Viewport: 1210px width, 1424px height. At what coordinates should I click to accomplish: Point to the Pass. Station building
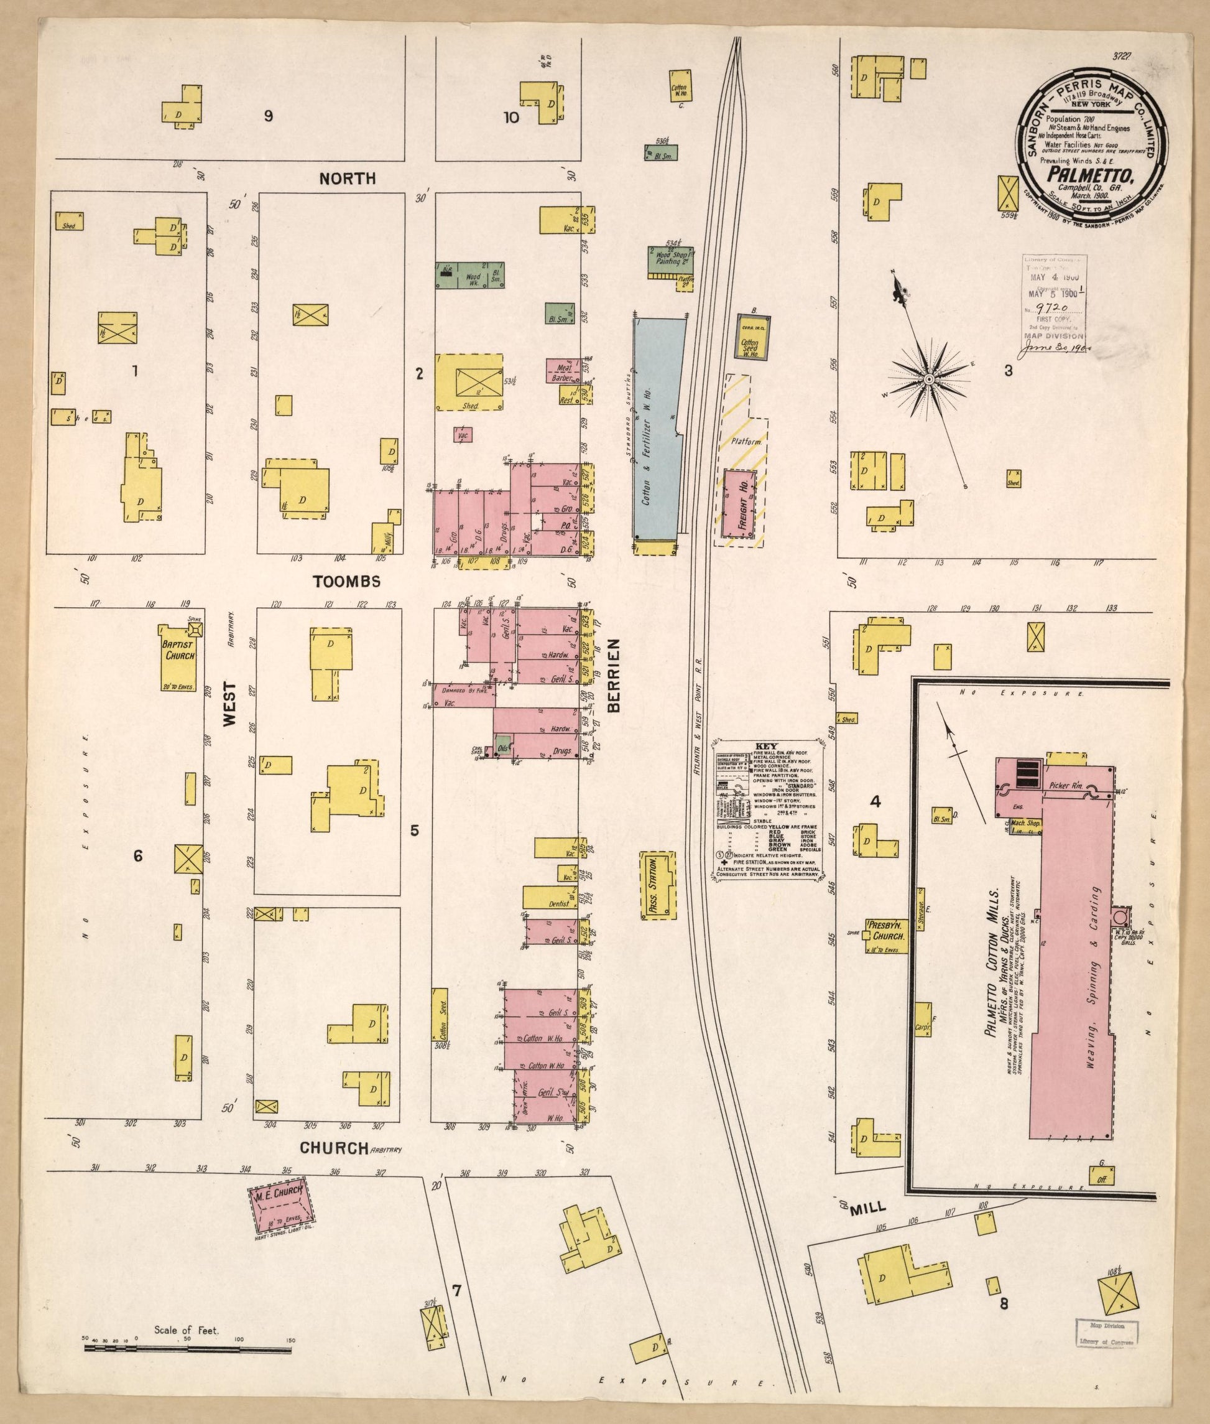pyautogui.click(x=658, y=886)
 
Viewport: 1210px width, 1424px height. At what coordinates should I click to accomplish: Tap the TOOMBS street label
pyautogui.click(x=346, y=582)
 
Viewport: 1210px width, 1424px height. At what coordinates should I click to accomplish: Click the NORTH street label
pyautogui.click(x=347, y=179)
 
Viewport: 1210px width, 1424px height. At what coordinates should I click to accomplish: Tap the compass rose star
pyautogui.click(x=929, y=379)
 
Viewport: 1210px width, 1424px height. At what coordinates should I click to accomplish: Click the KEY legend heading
pyautogui.click(x=764, y=747)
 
